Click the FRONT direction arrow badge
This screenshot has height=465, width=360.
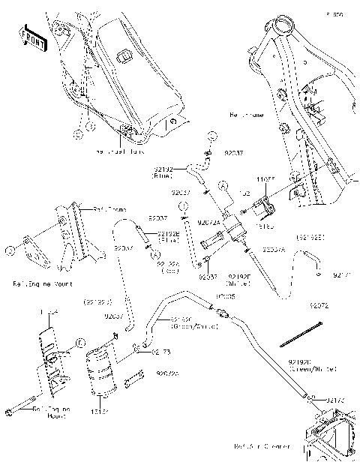[32, 38]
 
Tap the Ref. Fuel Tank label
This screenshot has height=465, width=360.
[119, 151]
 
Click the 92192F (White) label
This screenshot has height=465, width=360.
[238, 280]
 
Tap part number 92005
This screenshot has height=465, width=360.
[224, 297]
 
